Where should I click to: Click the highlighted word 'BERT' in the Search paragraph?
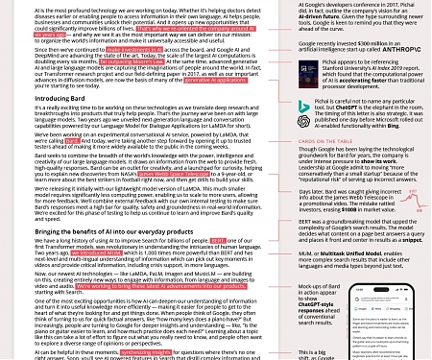click(219, 240)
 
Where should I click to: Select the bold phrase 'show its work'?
click(380, 161)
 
